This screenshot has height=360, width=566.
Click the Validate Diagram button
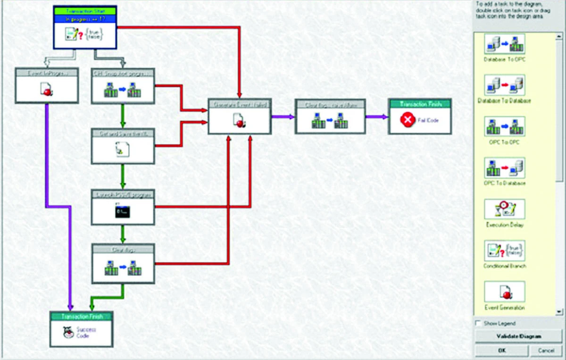(x=518, y=336)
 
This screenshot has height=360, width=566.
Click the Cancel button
(x=546, y=351)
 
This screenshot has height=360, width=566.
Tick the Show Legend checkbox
(x=479, y=324)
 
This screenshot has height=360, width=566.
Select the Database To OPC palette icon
(x=504, y=44)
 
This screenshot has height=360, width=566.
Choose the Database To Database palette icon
(x=504, y=85)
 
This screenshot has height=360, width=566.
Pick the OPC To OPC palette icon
(x=504, y=126)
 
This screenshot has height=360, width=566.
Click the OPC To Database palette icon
(x=504, y=168)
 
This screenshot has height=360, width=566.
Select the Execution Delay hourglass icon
(x=504, y=209)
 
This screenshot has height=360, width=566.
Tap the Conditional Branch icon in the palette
(x=504, y=251)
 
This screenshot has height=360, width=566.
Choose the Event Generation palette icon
(x=504, y=292)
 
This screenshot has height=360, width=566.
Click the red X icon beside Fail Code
(x=407, y=121)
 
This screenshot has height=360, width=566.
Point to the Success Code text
(x=83, y=333)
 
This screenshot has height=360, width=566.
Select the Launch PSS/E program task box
(x=123, y=208)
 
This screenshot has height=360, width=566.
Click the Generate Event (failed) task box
(x=240, y=117)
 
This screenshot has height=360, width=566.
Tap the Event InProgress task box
(x=46, y=85)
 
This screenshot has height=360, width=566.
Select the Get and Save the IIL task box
(x=123, y=146)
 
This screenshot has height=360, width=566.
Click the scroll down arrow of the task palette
(x=559, y=312)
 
